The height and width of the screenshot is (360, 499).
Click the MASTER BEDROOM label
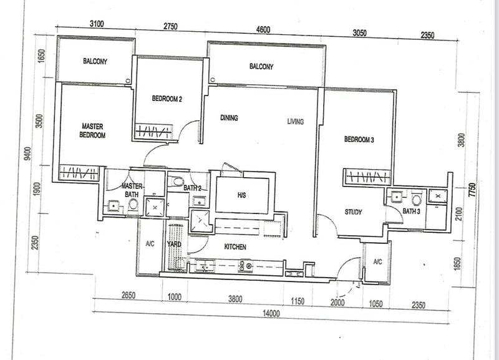[x=92, y=130]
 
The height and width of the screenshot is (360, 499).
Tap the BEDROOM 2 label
[x=167, y=99]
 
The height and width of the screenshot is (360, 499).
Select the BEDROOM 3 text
[x=359, y=140]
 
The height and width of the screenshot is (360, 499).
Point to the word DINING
[x=229, y=117]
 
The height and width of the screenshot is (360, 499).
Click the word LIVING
[x=295, y=122]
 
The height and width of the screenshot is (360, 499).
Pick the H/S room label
[x=242, y=195]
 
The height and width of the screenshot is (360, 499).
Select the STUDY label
[x=354, y=213]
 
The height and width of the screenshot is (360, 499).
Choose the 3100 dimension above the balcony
[x=96, y=24]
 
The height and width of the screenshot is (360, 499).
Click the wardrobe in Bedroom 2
[x=153, y=132]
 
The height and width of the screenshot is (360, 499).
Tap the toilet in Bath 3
[x=417, y=198]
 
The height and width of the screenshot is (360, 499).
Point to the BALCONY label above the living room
[x=261, y=66]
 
